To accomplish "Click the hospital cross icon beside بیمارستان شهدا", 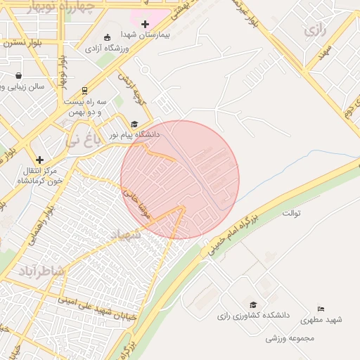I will click(146, 24).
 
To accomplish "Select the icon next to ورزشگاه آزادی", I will click(107, 38).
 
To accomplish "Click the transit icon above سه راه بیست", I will click(84, 90).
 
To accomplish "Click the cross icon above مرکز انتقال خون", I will click(40, 160).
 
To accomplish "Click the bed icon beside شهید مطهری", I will click(321, 309).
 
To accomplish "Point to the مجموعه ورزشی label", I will click(288, 338).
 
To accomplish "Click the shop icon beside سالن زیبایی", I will click(18, 75).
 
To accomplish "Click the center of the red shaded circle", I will click(180, 179).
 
